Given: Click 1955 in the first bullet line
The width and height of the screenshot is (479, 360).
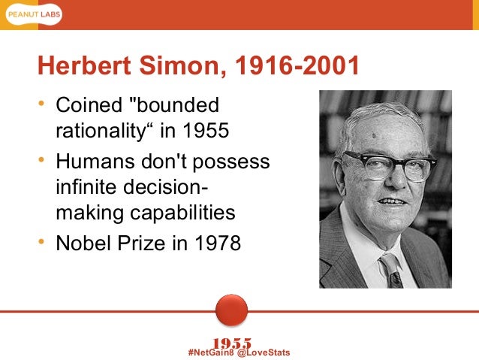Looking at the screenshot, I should pos(205,132).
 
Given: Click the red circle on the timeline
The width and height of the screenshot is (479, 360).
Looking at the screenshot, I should pos(231,310).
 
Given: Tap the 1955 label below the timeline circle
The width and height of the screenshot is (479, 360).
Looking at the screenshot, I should pos(232,343).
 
